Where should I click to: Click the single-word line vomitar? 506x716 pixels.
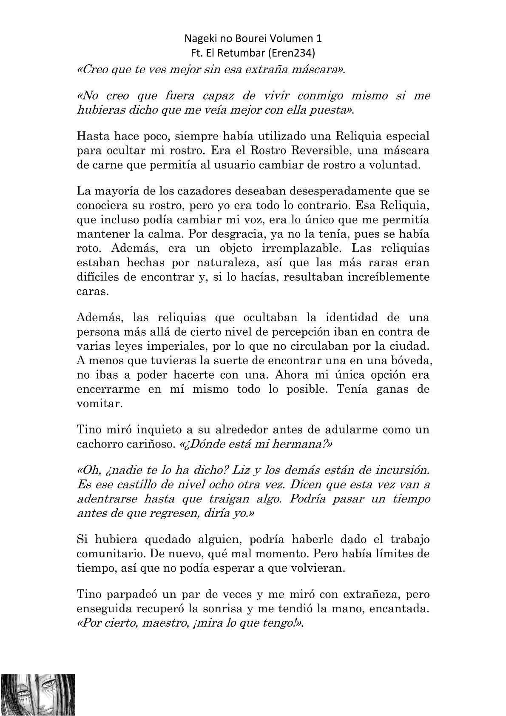(x=99, y=403)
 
